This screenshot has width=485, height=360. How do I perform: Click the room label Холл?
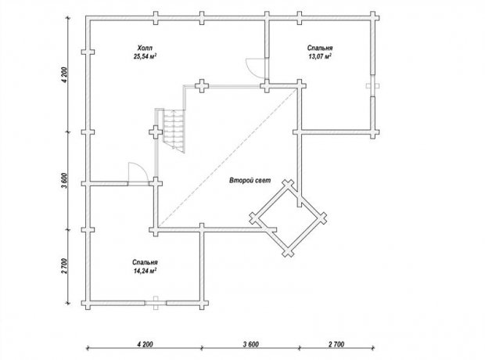(x=145, y=48)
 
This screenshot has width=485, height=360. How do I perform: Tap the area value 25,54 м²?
(x=145, y=56)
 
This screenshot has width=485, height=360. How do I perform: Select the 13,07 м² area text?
(x=320, y=56)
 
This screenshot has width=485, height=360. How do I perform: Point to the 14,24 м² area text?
(x=145, y=271)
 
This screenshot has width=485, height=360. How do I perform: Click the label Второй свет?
(x=250, y=181)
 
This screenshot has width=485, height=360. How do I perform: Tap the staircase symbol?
(x=174, y=131)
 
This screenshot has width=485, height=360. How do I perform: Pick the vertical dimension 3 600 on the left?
(x=64, y=181)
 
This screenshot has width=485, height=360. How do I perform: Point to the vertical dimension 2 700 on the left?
(x=64, y=266)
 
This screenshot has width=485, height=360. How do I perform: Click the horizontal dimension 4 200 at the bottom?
(x=145, y=344)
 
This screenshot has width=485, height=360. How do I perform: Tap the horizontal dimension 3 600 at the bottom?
(x=251, y=344)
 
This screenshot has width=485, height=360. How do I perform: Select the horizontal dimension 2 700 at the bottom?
(x=336, y=344)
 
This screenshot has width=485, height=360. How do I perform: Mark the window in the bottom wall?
(x=156, y=303)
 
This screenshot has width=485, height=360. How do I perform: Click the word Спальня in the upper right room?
(x=320, y=48)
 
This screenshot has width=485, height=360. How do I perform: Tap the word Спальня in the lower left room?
(x=145, y=262)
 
